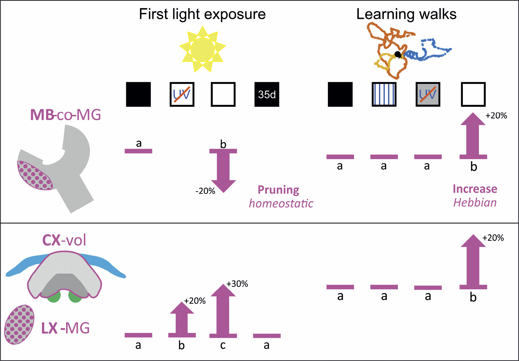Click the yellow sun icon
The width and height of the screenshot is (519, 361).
[202, 49]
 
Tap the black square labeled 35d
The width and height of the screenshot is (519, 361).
[267, 94]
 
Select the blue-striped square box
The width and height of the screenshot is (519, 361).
[384, 94]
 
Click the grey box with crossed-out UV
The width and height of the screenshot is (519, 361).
[428, 94]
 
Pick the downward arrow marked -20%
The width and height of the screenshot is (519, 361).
[223, 171]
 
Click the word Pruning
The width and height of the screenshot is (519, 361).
[278, 190]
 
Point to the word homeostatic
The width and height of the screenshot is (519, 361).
[281, 204]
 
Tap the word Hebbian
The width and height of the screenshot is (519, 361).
[475, 203]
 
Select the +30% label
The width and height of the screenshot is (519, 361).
[237, 284]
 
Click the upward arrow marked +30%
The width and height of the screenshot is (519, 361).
[223, 310]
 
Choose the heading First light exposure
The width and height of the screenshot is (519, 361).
[202, 14]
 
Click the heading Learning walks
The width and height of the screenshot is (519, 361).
[406, 14]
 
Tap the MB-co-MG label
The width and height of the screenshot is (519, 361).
[65, 115]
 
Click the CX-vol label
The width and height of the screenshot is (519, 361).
[64, 240]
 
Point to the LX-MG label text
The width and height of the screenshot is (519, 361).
[65, 328]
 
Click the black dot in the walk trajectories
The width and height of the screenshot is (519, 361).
[398, 54]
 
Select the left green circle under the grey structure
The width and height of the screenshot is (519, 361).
[54, 297]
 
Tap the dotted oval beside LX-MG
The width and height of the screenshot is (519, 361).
[19, 324]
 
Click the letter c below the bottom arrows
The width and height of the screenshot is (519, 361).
[223, 345]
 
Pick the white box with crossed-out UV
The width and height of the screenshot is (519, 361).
[182, 94]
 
